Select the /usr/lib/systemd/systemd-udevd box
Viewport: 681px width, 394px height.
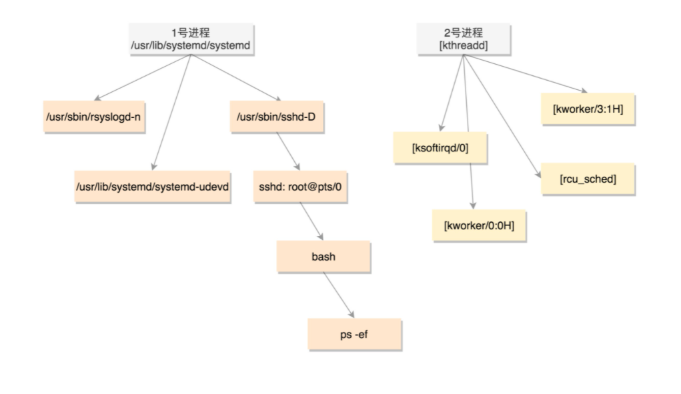pyautogui.click(x=153, y=187)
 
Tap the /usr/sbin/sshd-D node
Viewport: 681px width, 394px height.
pyautogui.click(x=267, y=117)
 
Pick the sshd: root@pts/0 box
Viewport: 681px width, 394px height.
pyautogui.click(x=300, y=187)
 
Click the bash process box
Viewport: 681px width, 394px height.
pyautogui.click(x=323, y=256)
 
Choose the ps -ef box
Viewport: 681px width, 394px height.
pyautogui.click(x=354, y=333)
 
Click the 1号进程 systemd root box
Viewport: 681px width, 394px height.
pyautogui.click(x=191, y=39)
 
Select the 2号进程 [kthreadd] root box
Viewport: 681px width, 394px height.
pyautogui.click(x=464, y=39)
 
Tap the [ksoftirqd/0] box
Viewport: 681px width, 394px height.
pyautogui.click(x=441, y=149)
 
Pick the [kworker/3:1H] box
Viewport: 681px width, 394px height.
pyautogui.click(x=588, y=109)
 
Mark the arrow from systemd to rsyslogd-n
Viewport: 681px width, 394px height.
pyautogui.click(x=143, y=77)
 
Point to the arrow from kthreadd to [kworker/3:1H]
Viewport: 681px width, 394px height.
pyautogui.click(x=527, y=73)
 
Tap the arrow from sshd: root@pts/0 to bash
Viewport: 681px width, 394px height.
pyautogui.click(x=311, y=221)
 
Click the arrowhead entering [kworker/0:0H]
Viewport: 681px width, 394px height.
pyautogui.click(x=472, y=204)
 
